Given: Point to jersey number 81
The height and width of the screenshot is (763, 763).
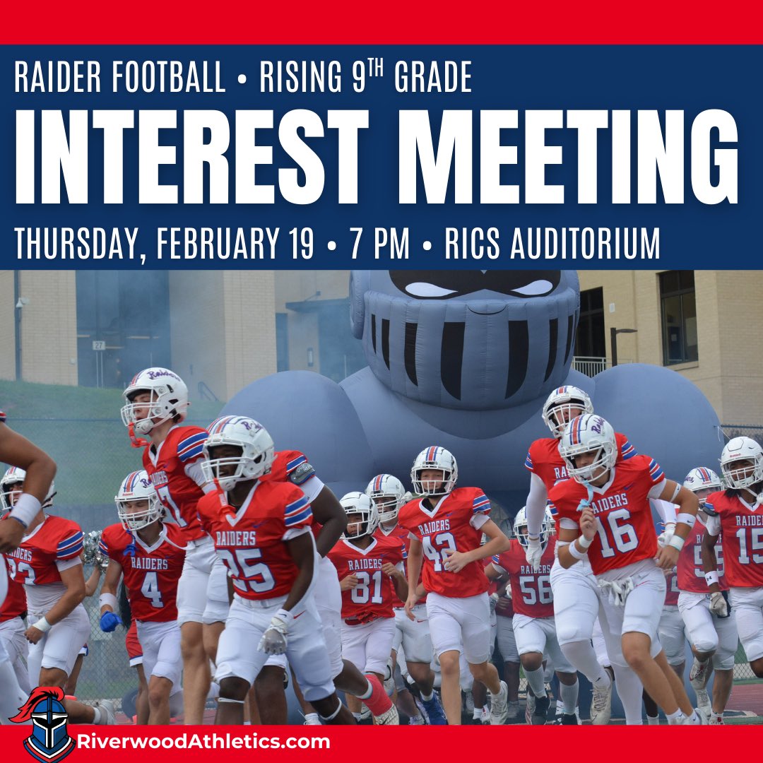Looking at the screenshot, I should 367,586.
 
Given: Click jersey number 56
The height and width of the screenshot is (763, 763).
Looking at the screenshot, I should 536,588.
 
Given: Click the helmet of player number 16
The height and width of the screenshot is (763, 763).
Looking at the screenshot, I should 588,445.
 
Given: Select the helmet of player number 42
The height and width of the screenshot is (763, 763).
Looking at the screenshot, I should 434,468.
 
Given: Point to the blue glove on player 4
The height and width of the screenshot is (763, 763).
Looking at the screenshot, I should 110,621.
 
